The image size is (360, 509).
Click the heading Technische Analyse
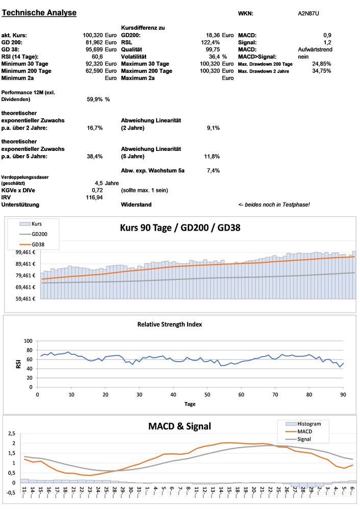click(39, 13)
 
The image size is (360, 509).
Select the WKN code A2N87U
click(308, 13)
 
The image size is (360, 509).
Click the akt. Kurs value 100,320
click(93, 35)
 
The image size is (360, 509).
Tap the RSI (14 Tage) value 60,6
click(96, 57)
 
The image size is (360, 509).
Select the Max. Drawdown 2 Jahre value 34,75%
click(321, 71)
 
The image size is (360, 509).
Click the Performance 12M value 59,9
click(95, 99)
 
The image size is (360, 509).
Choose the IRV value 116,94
click(94, 197)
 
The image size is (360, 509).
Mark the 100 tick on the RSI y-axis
click(28, 341)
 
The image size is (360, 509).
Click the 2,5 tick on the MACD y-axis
click(13, 434)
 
